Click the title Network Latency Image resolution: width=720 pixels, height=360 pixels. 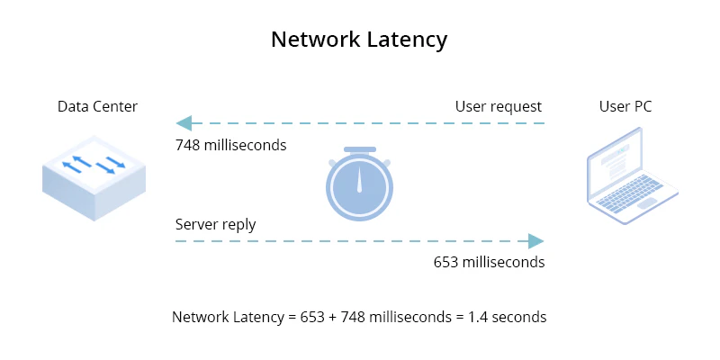[x=359, y=40]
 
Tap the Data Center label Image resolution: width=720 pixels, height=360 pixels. [x=97, y=106]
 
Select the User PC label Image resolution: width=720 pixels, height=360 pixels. [x=625, y=106]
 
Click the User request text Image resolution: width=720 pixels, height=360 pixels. [x=498, y=106]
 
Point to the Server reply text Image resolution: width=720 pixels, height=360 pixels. [x=215, y=224]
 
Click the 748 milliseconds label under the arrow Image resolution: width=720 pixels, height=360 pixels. [x=230, y=145]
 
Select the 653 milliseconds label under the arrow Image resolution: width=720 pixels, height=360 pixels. [x=489, y=263]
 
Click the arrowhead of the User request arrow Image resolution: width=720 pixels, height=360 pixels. [x=184, y=123]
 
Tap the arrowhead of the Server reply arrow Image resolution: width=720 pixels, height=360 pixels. [x=536, y=241]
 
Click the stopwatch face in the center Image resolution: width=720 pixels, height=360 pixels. [x=359, y=190]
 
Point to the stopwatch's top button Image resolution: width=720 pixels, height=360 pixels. [x=359, y=149]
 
